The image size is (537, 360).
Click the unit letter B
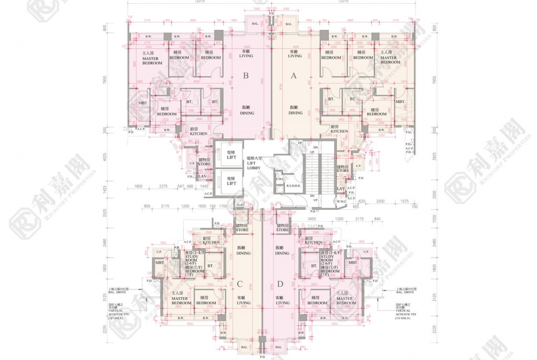pyautogui.click(x=246, y=76)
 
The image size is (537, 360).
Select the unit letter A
pyautogui.click(x=294, y=76)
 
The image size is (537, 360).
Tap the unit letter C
pyautogui.click(x=240, y=284)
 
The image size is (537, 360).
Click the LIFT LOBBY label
pyautogui.click(x=253, y=163)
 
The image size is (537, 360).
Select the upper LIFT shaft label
pyautogui.click(x=231, y=155)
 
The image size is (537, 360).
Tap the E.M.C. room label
pyautogui.click(x=280, y=179)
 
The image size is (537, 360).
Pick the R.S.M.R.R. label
pyautogui.click(x=293, y=186)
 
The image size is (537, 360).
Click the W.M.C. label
pyautogui.click(x=341, y=201)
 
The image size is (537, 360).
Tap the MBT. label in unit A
pyautogui.click(x=400, y=101)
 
